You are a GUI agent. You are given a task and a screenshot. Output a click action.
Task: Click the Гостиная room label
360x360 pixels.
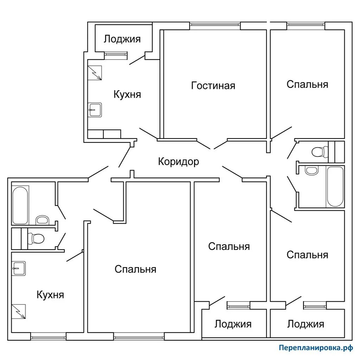pyautogui.click(x=213, y=85)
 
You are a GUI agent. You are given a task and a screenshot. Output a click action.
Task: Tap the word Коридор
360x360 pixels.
pyautogui.click(x=178, y=161)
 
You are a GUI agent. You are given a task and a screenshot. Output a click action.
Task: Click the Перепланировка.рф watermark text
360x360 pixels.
pyautogui.click(x=315, y=348)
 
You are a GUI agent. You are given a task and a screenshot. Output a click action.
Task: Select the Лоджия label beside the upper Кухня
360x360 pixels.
pyautogui.click(x=122, y=39)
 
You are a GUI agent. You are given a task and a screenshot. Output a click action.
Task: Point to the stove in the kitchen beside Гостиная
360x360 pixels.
pyautogui.click(x=94, y=73)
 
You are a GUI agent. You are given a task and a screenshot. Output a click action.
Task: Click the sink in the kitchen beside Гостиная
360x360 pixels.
pyautogui.click(x=95, y=110)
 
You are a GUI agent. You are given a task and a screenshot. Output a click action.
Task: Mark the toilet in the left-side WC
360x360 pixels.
pyautogui.click(x=36, y=238)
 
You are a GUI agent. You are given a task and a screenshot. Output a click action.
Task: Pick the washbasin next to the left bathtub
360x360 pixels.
pyautogui.click(x=43, y=220)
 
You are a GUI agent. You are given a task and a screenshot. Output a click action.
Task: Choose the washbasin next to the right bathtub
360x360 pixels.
pyautogui.click(x=311, y=171)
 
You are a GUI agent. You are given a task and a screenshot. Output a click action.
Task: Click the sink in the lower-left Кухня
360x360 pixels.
pyautogui.click(x=18, y=269)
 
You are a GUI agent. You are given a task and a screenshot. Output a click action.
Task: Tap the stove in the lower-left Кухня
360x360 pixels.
pyautogui.click(x=18, y=311)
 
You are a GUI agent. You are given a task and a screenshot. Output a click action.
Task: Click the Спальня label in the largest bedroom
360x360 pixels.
pyautogui.click(x=135, y=269)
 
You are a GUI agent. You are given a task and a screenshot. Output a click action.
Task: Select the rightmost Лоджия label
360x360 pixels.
pyautogui.click(x=306, y=324)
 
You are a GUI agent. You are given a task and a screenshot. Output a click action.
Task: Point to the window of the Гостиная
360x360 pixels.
pyautogui.click(x=215, y=25)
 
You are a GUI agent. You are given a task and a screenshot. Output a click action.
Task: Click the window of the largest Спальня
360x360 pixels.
pyautogui.click(x=139, y=337)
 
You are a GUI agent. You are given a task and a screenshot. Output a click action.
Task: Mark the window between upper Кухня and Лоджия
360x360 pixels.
pyautogui.click(x=116, y=54)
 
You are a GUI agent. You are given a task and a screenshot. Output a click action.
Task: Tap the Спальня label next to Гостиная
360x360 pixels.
pyautogui.click(x=307, y=84)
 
